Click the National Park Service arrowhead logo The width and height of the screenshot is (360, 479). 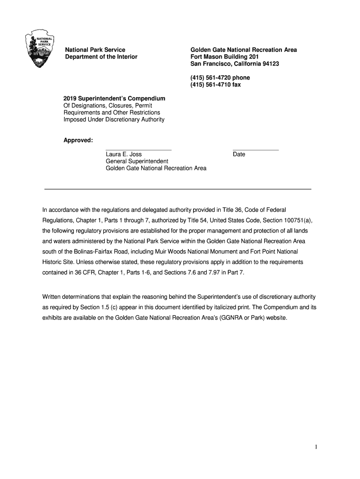pos(40,50)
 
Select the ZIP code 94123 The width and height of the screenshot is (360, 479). pos(270,64)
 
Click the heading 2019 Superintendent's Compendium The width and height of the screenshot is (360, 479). pos(114,99)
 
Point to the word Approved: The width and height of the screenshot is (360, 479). pos(78,140)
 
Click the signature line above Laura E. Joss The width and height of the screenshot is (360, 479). pos(138,150)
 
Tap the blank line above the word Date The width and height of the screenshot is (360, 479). pos(255,150)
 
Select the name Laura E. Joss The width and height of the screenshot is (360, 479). pos(123,154)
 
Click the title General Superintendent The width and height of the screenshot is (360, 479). pos(134,161)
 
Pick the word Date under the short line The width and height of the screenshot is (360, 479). pos(239,154)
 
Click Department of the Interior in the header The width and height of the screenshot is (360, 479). pos(101,57)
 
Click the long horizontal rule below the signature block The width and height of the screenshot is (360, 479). pos(178,189)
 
